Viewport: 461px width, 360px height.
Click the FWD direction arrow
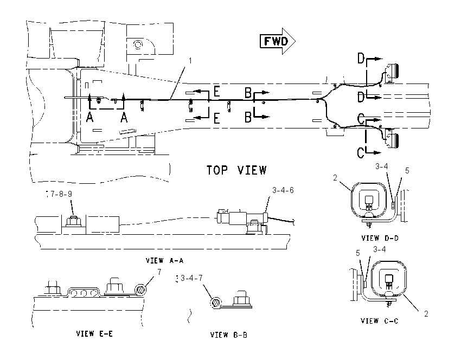(x=278, y=41)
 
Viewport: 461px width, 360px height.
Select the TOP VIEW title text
(x=236, y=170)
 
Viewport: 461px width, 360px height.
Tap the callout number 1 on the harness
(x=190, y=61)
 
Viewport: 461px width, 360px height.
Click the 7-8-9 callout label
(x=61, y=194)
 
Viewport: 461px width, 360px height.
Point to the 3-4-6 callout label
(x=283, y=190)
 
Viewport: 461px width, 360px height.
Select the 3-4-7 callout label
(x=191, y=278)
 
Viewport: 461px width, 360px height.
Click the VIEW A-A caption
(x=165, y=260)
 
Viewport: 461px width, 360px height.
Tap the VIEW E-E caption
(x=94, y=333)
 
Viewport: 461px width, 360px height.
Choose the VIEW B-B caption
(x=229, y=335)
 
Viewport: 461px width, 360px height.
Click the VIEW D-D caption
(x=380, y=238)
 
